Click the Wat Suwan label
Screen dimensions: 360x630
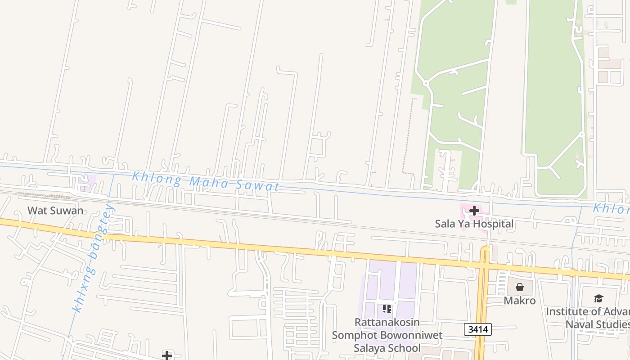click(x=55, y=210)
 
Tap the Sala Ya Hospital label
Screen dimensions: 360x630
click(x=474, y=224)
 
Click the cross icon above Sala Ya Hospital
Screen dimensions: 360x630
click(x=474, y=210)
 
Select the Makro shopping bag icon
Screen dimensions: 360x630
click(x=520, y=287)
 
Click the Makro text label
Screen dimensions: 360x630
click(x=520, y=300)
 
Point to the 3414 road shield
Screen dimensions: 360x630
click(x=477, y=329)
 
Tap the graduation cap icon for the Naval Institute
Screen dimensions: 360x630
click(x=598, y=298)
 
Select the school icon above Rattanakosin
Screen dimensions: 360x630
click(x=387, y=309)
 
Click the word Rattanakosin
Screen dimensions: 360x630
click(x=387, y=322)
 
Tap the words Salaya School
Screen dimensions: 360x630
click(x=387, y=348)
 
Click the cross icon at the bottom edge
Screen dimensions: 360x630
click(x=167, y=356)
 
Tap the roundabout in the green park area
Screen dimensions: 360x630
click(x=425, y=83)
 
